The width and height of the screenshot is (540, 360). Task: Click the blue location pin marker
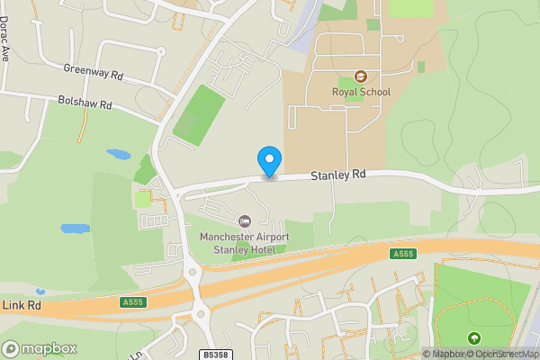point(268,162)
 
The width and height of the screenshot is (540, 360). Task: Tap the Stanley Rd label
point(339,174)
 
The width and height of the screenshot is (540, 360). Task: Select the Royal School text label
point(361,91)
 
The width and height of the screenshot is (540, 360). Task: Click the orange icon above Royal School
point(361,77)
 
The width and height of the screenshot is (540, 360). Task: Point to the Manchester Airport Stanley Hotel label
point(245,242)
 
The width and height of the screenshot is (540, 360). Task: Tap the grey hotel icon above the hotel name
point(245,221)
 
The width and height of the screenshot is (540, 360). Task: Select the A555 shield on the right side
point(402,256)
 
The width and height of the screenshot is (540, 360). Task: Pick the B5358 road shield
point(215,355)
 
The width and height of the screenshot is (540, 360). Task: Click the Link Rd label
point(22,306)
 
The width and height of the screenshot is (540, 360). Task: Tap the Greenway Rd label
point(93,70)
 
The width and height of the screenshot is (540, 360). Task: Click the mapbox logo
point(40,348)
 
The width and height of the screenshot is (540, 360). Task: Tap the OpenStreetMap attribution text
point(507,354)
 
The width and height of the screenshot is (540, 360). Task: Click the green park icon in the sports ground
point(474,338)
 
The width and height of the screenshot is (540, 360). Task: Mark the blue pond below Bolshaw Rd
point(119,154)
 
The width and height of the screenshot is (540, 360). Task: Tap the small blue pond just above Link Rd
point(40,292)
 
